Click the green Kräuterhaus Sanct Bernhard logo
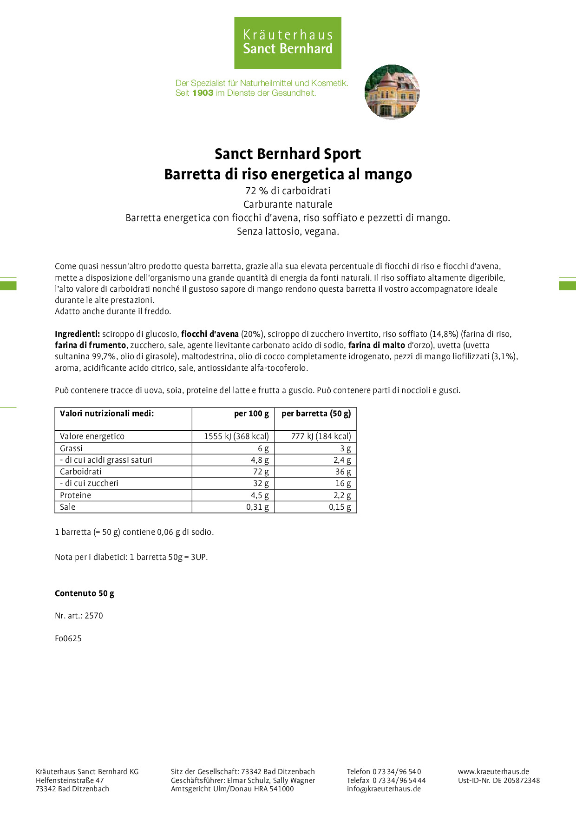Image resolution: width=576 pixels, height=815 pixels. pyautogui.click(x=288, y=43)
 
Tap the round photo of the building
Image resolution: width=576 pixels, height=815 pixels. pyautogui.click(x=392, y=92)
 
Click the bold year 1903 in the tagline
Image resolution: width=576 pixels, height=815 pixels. pyautogui.click(x=203, y=93)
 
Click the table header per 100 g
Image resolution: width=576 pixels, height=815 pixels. pyautogui.click(x=251, y=414)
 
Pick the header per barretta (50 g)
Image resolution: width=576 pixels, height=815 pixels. pyautogui.click(x=316, y=414)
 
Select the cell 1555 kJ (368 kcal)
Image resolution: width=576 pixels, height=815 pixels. pyautogui.click(x=236, y=436)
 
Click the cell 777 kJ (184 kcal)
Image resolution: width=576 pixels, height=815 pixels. pyautogui.click(x=321, y=436)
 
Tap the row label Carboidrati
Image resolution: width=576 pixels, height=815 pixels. pyautogui.click(x=81, y=472)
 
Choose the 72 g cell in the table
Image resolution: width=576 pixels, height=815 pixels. pyautogui.click(x=261, y=472)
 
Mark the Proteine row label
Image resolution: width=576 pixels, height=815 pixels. pyautogui.click(x=76, y=495)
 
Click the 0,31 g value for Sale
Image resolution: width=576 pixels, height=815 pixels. pyautogui.click(x=257, y=507)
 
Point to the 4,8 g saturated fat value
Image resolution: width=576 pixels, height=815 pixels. pyautogui.click(x=260, y=460)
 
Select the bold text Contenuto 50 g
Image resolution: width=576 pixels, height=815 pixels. pyautogui.click(x=85, y=593)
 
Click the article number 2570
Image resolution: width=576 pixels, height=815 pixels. pyautogui.click(x=94, y=616)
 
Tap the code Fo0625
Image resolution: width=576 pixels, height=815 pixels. pyautogui.click(x=68, y=638)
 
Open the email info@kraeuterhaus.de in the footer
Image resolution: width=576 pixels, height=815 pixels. pyautogui.click(x=384, y=789)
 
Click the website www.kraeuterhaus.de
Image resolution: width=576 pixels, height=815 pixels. pyautogui.click(x=493, y=772)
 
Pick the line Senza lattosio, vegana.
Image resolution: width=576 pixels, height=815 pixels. pyautogui.click(x=288, y=231)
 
